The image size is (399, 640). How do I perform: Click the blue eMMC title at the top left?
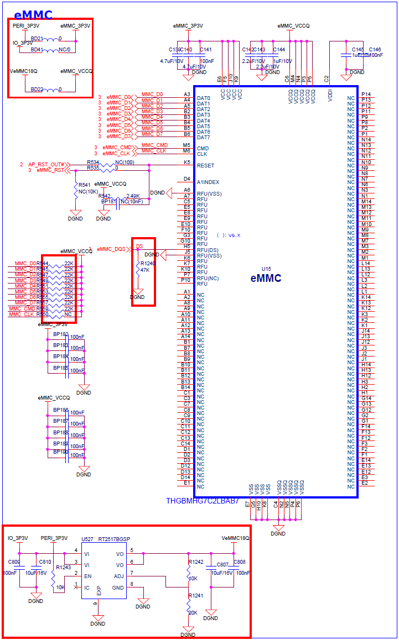click(x=33, y=15)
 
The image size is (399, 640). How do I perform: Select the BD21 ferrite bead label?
click(x=37, y=38)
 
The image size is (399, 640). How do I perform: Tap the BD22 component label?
click(x=37, y=89)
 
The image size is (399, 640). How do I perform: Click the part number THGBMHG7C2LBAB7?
click(x=203, y=501)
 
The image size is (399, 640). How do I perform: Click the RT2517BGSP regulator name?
click(x=115, y=538)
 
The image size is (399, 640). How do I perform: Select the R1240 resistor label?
click(x=148, y=264)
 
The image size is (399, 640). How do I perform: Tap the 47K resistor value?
click(x=145, y=270)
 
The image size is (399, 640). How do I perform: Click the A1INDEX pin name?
click(x=208, y=182)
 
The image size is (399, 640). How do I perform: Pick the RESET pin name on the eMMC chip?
click(x=205, y=165)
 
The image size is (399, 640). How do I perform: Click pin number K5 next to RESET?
click(x=187, y=162)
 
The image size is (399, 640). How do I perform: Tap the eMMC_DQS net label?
click(x=111, y=249)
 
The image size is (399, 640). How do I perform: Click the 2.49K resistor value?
click(x=133, y=196)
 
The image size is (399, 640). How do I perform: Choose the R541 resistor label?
click(x=84, y=185)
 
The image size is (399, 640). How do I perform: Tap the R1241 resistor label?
click(x=195, y=596)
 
